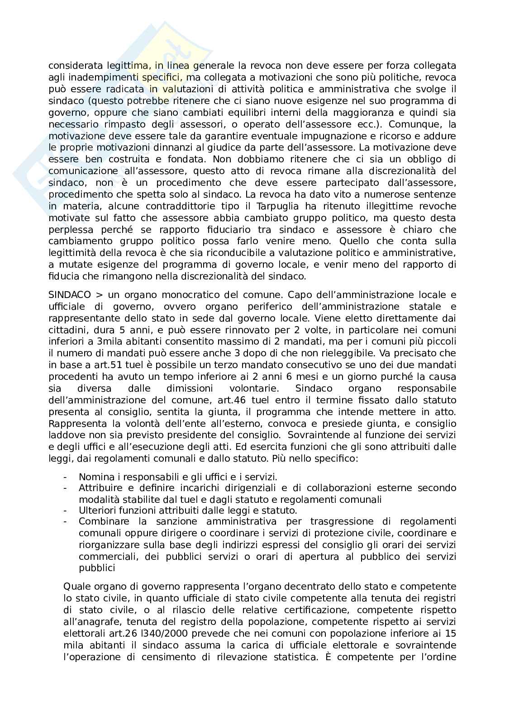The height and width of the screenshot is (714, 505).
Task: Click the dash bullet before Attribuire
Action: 66,488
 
